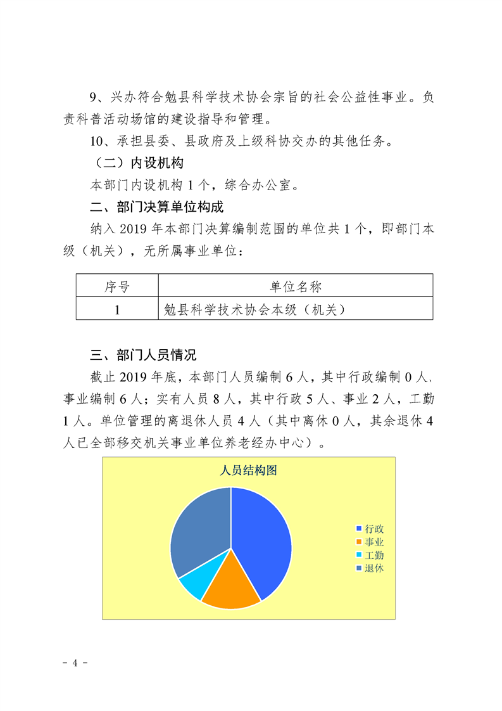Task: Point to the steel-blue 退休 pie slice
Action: (x=199, y=532)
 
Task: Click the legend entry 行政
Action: (x=374, y=528)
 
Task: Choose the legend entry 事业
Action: (x=374, y=542)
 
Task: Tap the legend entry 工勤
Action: (x=374, y=554)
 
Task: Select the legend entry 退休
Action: (x=374, y=568)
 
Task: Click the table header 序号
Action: (x=117, y=286)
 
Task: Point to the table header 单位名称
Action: (x=296, y=286)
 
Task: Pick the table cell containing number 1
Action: (x=117, y=309)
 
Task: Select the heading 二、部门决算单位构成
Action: (x=156, y=207)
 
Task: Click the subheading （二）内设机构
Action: (x=137, y=163)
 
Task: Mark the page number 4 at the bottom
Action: (x=75, y=663)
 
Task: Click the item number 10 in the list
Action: (x=98, y=141)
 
